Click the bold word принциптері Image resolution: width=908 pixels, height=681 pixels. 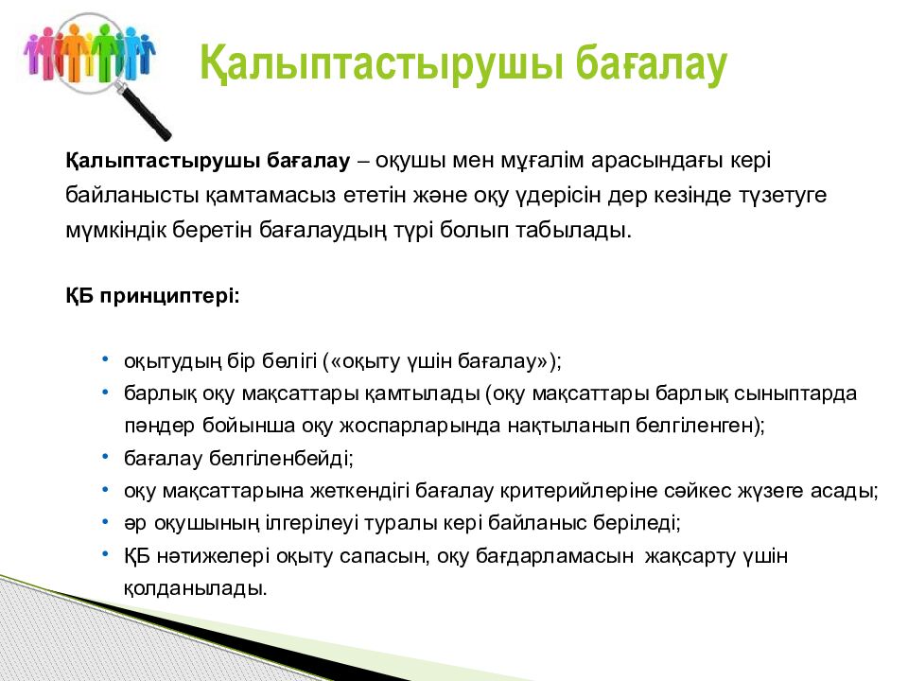pyautogui.click(x=169, y=297)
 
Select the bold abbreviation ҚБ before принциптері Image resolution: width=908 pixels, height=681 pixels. pyautogui.click(x=79, y=296)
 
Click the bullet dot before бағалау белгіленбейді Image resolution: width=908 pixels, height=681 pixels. pyautogui.click(x=105, y=457)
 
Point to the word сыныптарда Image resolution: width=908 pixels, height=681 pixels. pyautogui.click(x=795, y=394)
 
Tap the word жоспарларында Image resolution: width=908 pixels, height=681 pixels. pyautogui.click(x=420, y=427)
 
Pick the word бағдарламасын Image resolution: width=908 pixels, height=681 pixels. pyautogui.click(x=554, y=556)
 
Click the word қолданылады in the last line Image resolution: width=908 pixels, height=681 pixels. pyautogui.click(x=195, y=589)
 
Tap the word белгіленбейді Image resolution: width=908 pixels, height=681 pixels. pyautogui.click(x=281, y=459)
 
